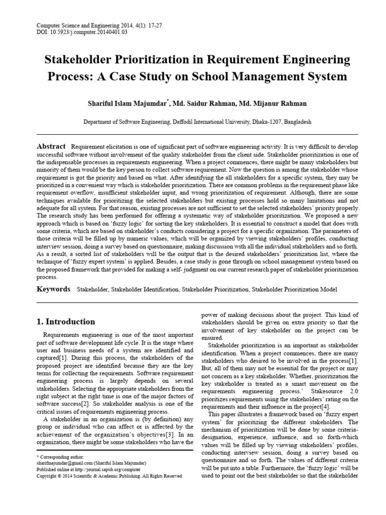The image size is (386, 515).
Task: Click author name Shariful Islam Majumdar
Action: (x=128, y=103)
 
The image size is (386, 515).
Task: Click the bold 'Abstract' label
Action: (x=52, y=145)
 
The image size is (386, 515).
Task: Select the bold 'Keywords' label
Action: (x=54, y=289)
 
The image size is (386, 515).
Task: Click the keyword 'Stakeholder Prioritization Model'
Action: (x=295, y=290)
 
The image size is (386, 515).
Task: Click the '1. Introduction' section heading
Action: (x=66, y=321)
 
